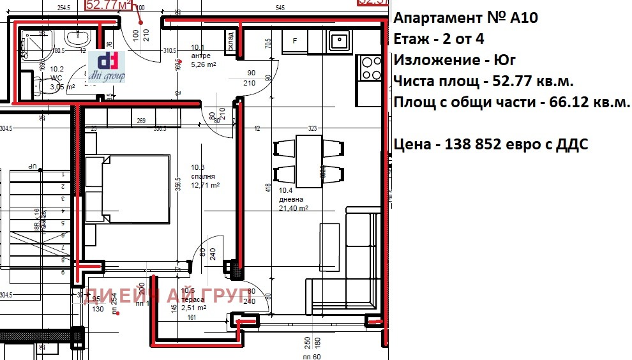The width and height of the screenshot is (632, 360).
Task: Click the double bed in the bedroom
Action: click(x=128, y=188)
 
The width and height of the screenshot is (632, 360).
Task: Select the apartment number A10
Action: click(x=525, y=18)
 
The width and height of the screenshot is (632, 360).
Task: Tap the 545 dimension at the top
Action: click(x=280, y=8)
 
